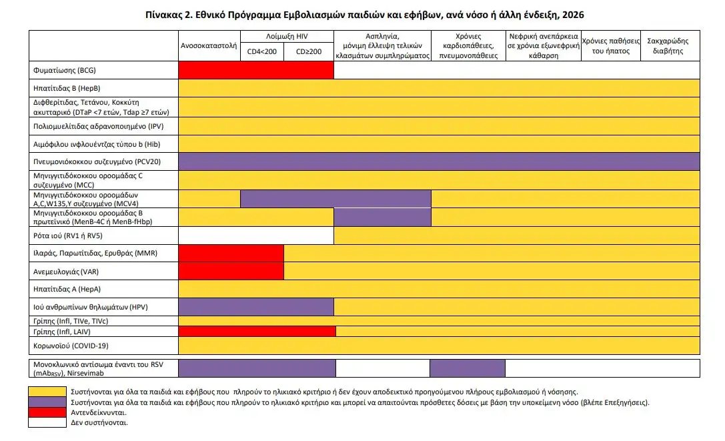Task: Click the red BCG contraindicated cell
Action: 256,69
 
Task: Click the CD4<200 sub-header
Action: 262,51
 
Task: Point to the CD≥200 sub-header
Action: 309,51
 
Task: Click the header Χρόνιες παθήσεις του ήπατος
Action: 610,45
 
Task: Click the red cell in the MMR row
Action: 231,253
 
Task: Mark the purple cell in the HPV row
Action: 256,306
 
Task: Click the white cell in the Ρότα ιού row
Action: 256,236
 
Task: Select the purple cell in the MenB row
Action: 382,217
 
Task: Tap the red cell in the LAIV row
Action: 257,332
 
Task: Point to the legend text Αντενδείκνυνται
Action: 95,412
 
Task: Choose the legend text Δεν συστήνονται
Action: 99,422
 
